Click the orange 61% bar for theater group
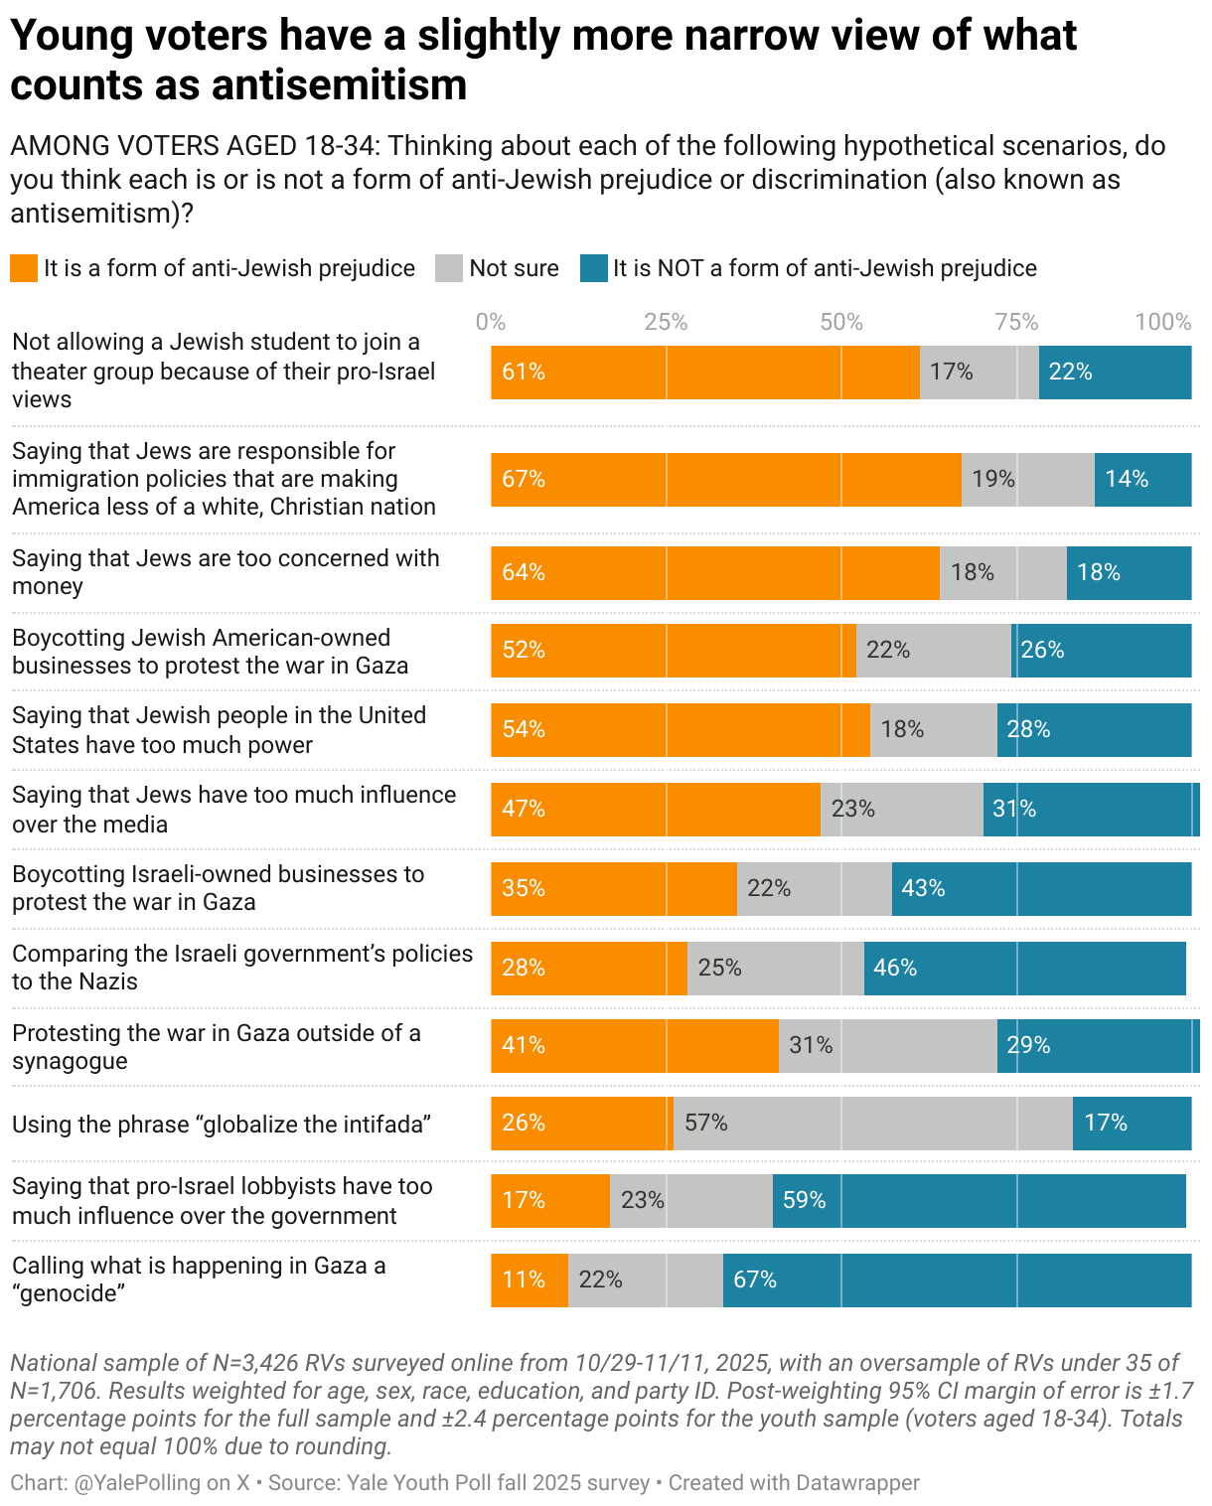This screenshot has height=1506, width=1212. pyautogui.click(x=705, y=373)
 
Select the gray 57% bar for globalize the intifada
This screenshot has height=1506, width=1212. pyautogui.click(x=872, y=1124)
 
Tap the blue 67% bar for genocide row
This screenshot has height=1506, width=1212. pyautogui.click(x=957, y=1280)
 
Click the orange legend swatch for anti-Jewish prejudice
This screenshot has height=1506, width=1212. pyautogui.click(x=24, y=268)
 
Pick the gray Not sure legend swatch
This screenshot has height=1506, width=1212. pyautogui.click(x=449, y=268)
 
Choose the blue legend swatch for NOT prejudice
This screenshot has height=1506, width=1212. pyautogui.click(x=594, y=268)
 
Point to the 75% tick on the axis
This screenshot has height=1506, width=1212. pyautogui.click(x=1016, y=322)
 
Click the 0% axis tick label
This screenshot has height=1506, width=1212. pyautogui.click(x=491, y=322)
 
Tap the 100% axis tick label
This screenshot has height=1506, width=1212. pyautogui.click(x=1162, y=322)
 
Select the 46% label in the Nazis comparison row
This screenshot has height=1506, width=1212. pyautogui.click(x=895, y=968)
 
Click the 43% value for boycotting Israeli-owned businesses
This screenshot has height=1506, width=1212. pyautogui.click(x=923, y=888)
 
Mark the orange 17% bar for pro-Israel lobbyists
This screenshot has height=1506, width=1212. pyautogui.click(x=550, y=1201)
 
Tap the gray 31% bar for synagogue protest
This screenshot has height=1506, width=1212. pyautogui.click(x=887, y=1046)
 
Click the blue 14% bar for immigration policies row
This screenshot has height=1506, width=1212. pyautogui.click(x=1142, y=480)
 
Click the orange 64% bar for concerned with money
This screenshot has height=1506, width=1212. pyautogui.click(x=715, y=573)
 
